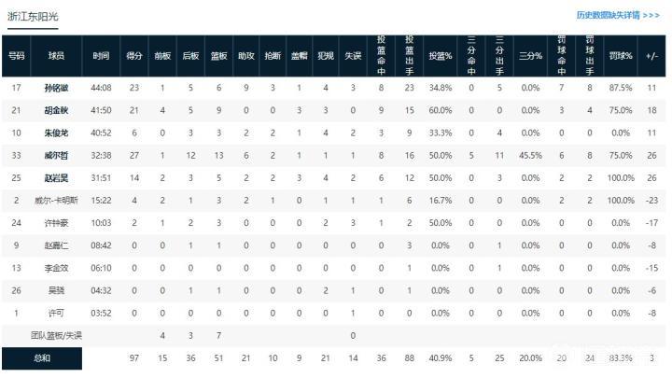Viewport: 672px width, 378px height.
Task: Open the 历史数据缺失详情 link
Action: click(619, 16)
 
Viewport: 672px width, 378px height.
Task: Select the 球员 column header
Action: click(56, 56)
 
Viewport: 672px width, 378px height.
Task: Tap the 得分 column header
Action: click(133, 56)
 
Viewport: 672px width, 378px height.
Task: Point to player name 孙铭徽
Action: click(56, 87)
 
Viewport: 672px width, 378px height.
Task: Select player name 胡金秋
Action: click(56, 110)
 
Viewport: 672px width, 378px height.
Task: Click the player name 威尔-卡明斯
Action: click(56, 201)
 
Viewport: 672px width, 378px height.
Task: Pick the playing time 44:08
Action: click(101, 87)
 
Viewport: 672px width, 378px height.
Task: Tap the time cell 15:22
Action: click(101, 201)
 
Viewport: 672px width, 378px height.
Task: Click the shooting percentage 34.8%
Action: click(441, 87)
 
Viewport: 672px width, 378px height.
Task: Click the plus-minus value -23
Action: click(651, 201)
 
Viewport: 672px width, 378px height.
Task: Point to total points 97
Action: click(133, 357)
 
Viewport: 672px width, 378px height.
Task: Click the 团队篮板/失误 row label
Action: click(56, 335)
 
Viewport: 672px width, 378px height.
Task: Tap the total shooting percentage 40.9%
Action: click(441, 357)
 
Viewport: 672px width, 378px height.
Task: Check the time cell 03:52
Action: click(101, 313)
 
